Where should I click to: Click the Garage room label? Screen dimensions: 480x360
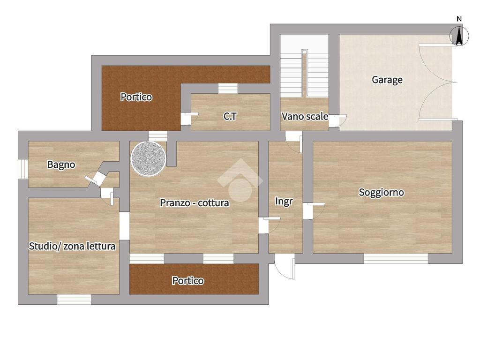coord(387,80)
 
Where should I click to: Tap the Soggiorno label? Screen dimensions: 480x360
coord(381,192)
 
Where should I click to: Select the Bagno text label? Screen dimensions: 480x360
coord(61,165)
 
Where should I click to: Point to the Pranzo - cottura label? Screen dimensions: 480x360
coord(195,202)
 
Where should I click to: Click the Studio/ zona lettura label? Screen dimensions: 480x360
coord(72,246)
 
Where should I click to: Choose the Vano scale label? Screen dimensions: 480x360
coord(305,116)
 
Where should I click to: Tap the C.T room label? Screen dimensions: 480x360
coord(230,116)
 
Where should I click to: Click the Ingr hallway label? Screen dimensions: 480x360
coord(284,202)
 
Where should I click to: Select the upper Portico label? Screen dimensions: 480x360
coord(136,97)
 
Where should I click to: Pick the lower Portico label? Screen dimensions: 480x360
coord(187,280)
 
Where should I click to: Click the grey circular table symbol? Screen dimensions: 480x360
coord(149,158)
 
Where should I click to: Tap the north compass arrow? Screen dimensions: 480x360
coord(459,36)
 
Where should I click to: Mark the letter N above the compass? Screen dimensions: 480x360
coord(459,19)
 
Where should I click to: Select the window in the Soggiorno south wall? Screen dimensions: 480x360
coord(396,259)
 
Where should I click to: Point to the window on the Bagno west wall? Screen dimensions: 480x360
coord(23,169)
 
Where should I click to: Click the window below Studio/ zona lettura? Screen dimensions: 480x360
coord(74,300)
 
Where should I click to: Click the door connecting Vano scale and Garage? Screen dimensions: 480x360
coord(337,120)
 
